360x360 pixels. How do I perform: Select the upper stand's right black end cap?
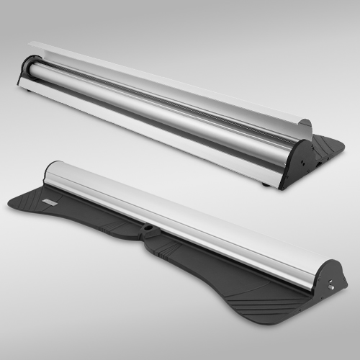click(297, 163)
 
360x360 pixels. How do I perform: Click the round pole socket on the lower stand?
click(148, 230)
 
